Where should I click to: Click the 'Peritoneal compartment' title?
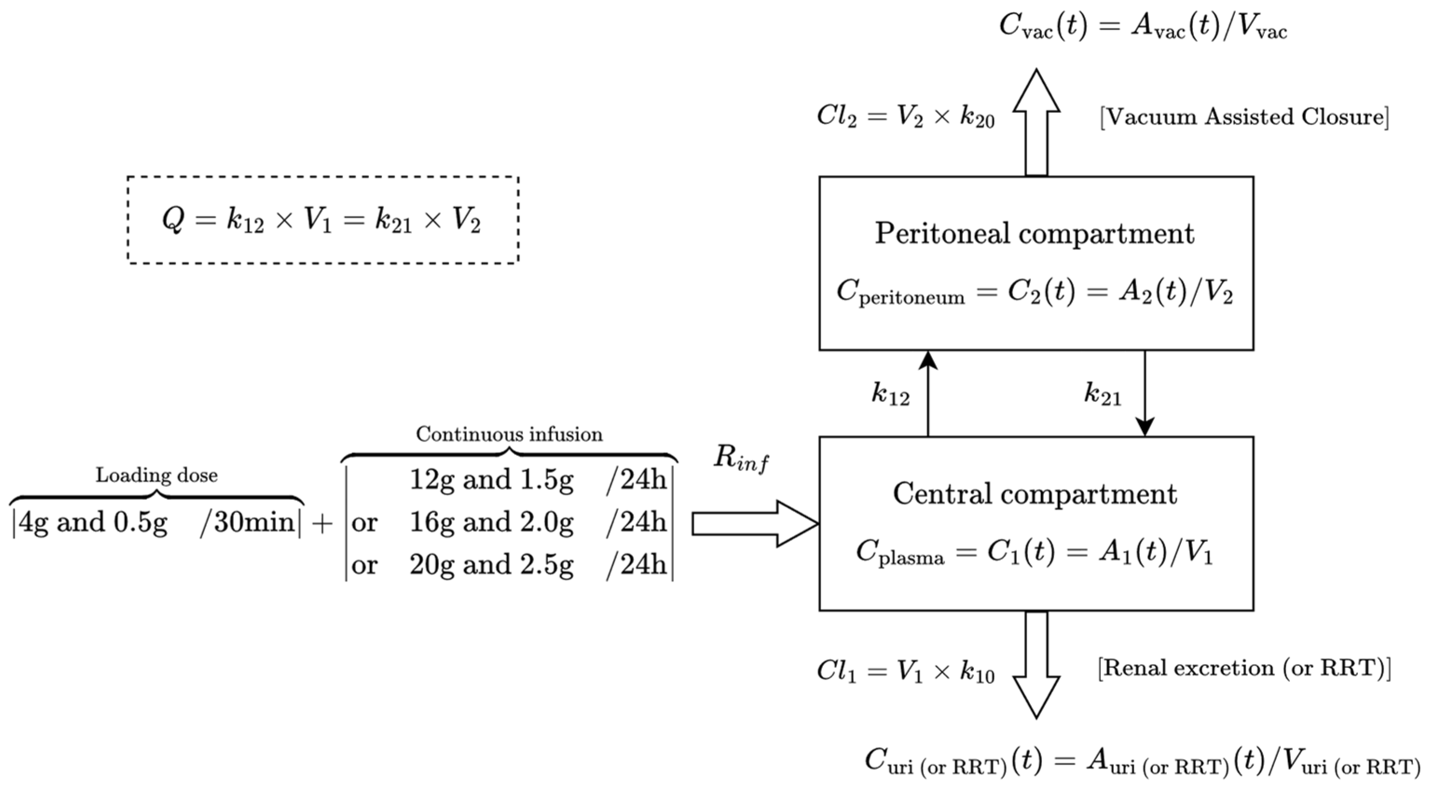(1035, 234)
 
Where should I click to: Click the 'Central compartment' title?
(1035, 494)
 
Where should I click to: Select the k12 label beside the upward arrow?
(890, 395)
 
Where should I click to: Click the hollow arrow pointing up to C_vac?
(1036, 122)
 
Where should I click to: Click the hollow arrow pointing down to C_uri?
(1036, 664)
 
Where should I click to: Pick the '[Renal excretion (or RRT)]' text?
(1244, 668)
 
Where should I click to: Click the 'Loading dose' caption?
(157, 475)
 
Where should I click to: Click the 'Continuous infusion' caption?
(509, 434)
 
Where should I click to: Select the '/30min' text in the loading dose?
(248, 522)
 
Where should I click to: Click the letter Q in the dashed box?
(173, 220)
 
